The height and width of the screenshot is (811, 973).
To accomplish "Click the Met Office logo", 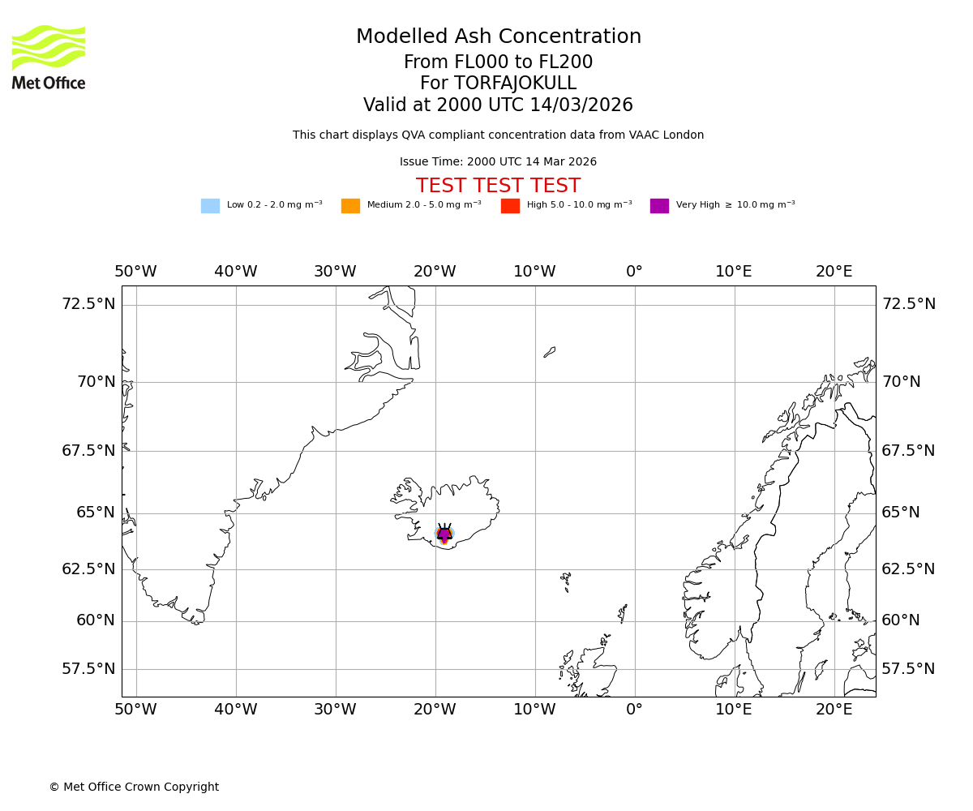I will [x=49, y=57].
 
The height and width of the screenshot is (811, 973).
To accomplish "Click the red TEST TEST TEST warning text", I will [x=498, y=186].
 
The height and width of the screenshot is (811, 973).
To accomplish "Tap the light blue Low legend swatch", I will [x=210, y=206].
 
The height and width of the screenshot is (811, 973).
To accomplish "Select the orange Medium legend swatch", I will [x=350, y=206].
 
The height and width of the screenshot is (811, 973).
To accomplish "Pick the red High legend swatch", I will [x=510, y=206].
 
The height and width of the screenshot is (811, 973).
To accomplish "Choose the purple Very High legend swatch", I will [x=659, y=206].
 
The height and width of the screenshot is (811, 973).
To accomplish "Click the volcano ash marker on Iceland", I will [x=444, y=534].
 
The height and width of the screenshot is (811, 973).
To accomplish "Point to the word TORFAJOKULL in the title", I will [x=515, y=84].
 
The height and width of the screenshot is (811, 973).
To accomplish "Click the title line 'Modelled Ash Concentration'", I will [x=498, y=36].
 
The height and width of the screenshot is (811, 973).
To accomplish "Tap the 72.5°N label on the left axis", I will [x=88, y=304].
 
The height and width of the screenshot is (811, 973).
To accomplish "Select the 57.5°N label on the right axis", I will [x=908, y=669].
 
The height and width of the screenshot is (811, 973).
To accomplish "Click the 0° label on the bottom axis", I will [x=634, y=710].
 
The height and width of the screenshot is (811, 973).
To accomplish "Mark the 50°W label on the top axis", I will [x=135, y=272].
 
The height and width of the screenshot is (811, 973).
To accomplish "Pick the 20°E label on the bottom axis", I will [x=834, y=710].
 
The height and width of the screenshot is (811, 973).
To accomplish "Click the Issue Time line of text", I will [x=498, y=161].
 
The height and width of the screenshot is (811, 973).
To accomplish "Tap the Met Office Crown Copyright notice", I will [x=134, y=787].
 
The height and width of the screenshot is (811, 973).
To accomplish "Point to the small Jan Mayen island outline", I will [x=550, y=352].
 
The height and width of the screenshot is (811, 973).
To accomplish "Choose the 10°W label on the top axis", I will [x=534, y=272].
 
